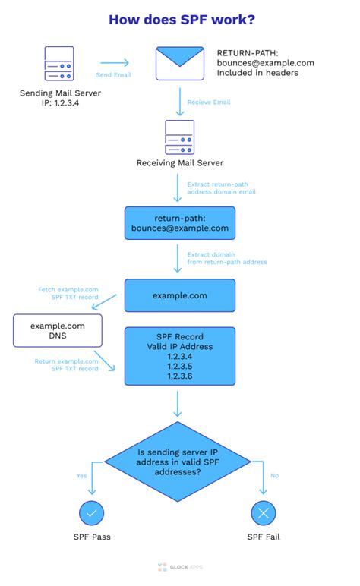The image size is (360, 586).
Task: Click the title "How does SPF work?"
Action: click(179, 20)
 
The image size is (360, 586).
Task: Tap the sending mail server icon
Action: click(59, 65)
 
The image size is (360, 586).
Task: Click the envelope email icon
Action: click(179, 63)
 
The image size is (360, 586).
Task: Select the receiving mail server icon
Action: click(179, 137)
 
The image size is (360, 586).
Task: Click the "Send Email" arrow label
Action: click(114, 75)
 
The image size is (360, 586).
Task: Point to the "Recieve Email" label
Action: click(210, 102)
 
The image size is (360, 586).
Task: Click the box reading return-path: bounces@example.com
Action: click(179, 222)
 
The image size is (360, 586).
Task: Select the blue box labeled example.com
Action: click(179, 295)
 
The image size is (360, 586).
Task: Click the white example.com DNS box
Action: click(58, 331)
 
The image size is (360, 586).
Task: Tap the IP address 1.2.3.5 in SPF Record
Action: click(179, 367)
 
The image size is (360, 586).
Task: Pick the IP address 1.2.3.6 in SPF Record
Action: click(179, 377)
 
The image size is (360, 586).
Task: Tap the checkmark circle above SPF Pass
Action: click(91, 513)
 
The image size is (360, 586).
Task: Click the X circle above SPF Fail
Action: click(264, 513)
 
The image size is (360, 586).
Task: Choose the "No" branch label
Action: click(273, 477)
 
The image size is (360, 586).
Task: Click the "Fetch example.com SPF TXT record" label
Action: click(68, 294)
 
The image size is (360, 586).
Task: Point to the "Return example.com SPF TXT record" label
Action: click(67, 365)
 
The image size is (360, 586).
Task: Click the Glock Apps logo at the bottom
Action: click(179, 567)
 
